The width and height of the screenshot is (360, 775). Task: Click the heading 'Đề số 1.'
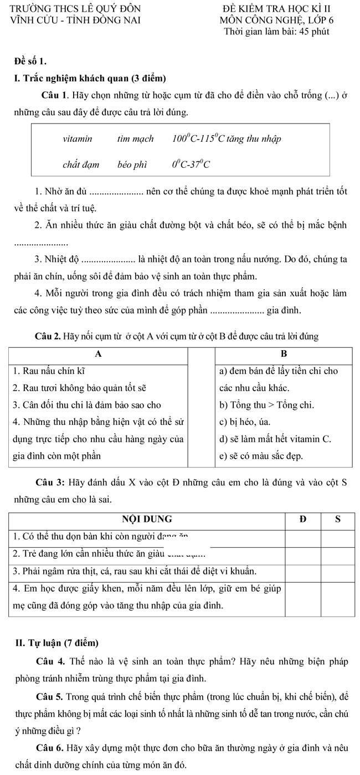point(30,60)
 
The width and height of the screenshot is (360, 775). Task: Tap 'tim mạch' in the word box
point(135,138)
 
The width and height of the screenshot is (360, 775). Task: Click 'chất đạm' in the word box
point(80,164)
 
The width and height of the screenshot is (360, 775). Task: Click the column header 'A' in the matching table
point(99,353)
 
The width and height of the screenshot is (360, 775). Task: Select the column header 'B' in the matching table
point(284,353)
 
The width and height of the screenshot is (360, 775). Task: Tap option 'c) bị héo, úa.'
point(248,422)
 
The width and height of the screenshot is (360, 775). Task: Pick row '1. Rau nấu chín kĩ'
point(49,370)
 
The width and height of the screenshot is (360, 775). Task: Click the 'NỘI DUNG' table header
point(147,519)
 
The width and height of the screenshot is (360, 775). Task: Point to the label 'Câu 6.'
point(49,748)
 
